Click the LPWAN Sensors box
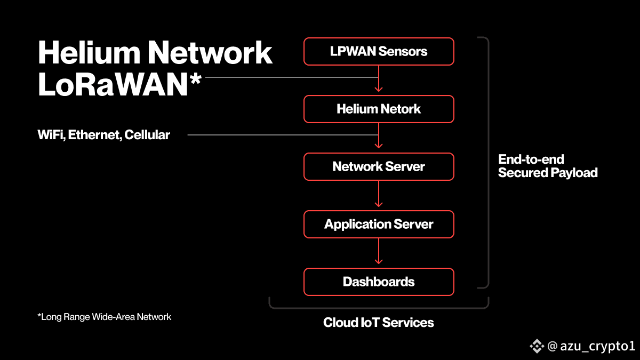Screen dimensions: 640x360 point(379,51)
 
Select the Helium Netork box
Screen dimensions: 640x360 point(379,109)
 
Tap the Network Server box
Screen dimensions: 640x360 point(379,166)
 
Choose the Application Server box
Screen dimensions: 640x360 point(379,225)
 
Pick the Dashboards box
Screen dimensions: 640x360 point(379,282)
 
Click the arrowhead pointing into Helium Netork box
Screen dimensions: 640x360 point(379,90)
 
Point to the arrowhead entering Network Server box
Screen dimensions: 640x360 point(379,146)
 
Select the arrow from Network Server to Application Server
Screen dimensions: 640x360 point(379,194)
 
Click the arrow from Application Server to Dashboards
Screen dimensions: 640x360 point(379,251)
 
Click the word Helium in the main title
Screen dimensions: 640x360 point(89,52)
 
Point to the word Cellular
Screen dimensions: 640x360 point(147,135)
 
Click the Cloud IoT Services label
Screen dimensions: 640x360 point(379,323)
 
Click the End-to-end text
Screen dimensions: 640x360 point(531,159)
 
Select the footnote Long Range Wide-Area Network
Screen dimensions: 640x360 point(105,317)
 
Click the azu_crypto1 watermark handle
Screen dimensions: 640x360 point(597,346)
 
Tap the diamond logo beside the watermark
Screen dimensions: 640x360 point(537,346)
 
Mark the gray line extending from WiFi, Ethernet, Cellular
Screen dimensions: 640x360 point(283,135)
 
